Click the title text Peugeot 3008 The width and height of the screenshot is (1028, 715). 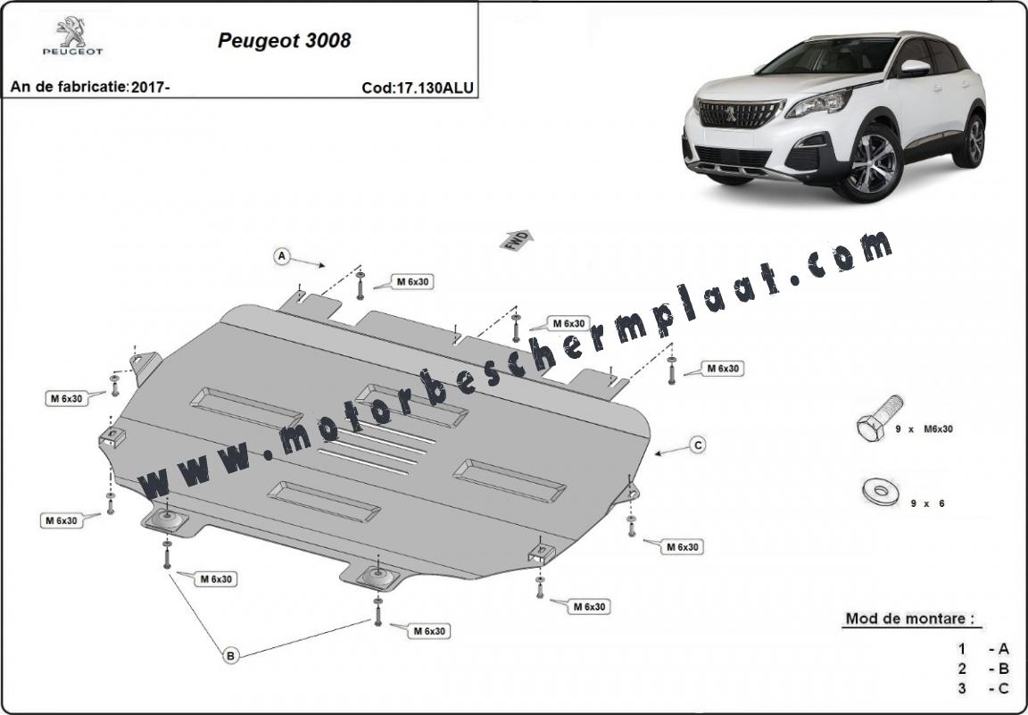click(284, 41)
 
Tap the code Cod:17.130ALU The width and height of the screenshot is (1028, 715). click(418, 87)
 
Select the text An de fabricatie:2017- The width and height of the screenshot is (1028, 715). click(90, 87)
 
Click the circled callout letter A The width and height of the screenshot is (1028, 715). click(282, 256)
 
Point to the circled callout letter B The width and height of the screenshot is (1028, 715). click(230, 654)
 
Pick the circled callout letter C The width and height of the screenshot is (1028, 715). click(699, 445)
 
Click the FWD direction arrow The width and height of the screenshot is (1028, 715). click(518, 240)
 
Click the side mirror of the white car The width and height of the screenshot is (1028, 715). click(916, 68)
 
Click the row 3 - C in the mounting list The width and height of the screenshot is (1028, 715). click(982, 689)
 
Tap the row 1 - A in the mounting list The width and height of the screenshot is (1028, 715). click(982, 650)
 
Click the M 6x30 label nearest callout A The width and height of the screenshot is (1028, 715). click(412, 281)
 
